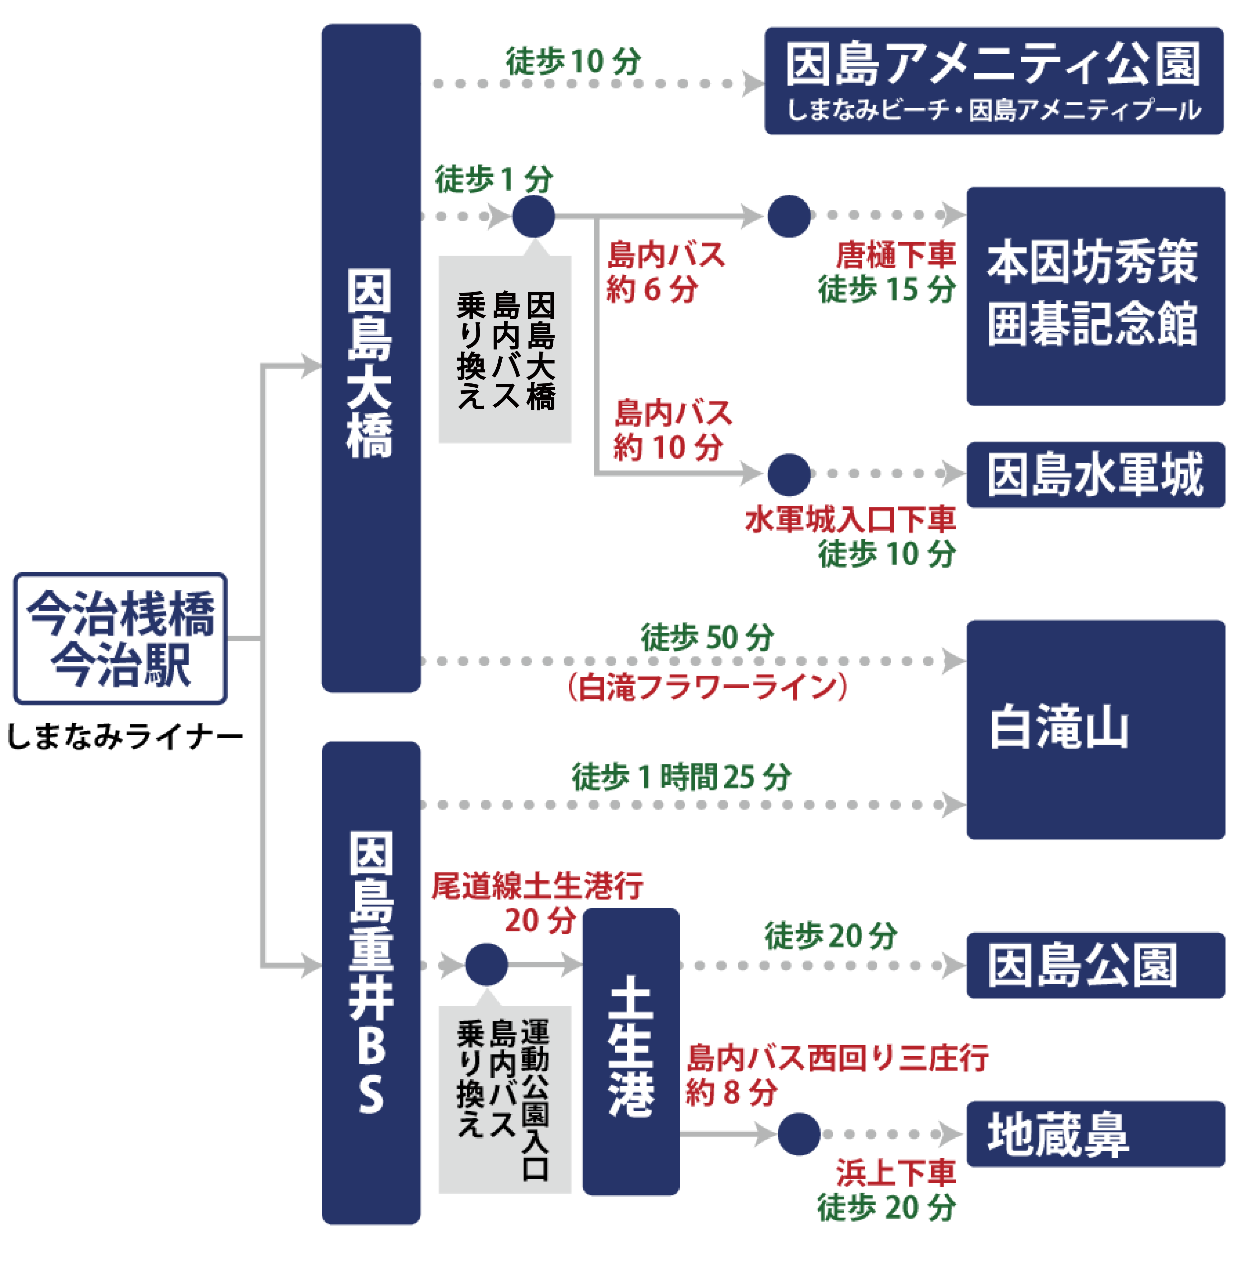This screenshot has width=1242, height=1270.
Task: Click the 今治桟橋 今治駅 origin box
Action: [120, 638]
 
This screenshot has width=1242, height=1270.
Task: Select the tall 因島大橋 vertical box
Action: [371, 359]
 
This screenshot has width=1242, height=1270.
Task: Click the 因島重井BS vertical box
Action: [371, 982]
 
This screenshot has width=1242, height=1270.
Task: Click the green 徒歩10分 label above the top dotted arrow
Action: [573, 62]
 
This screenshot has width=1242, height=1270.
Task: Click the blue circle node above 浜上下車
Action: [799, 1134]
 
